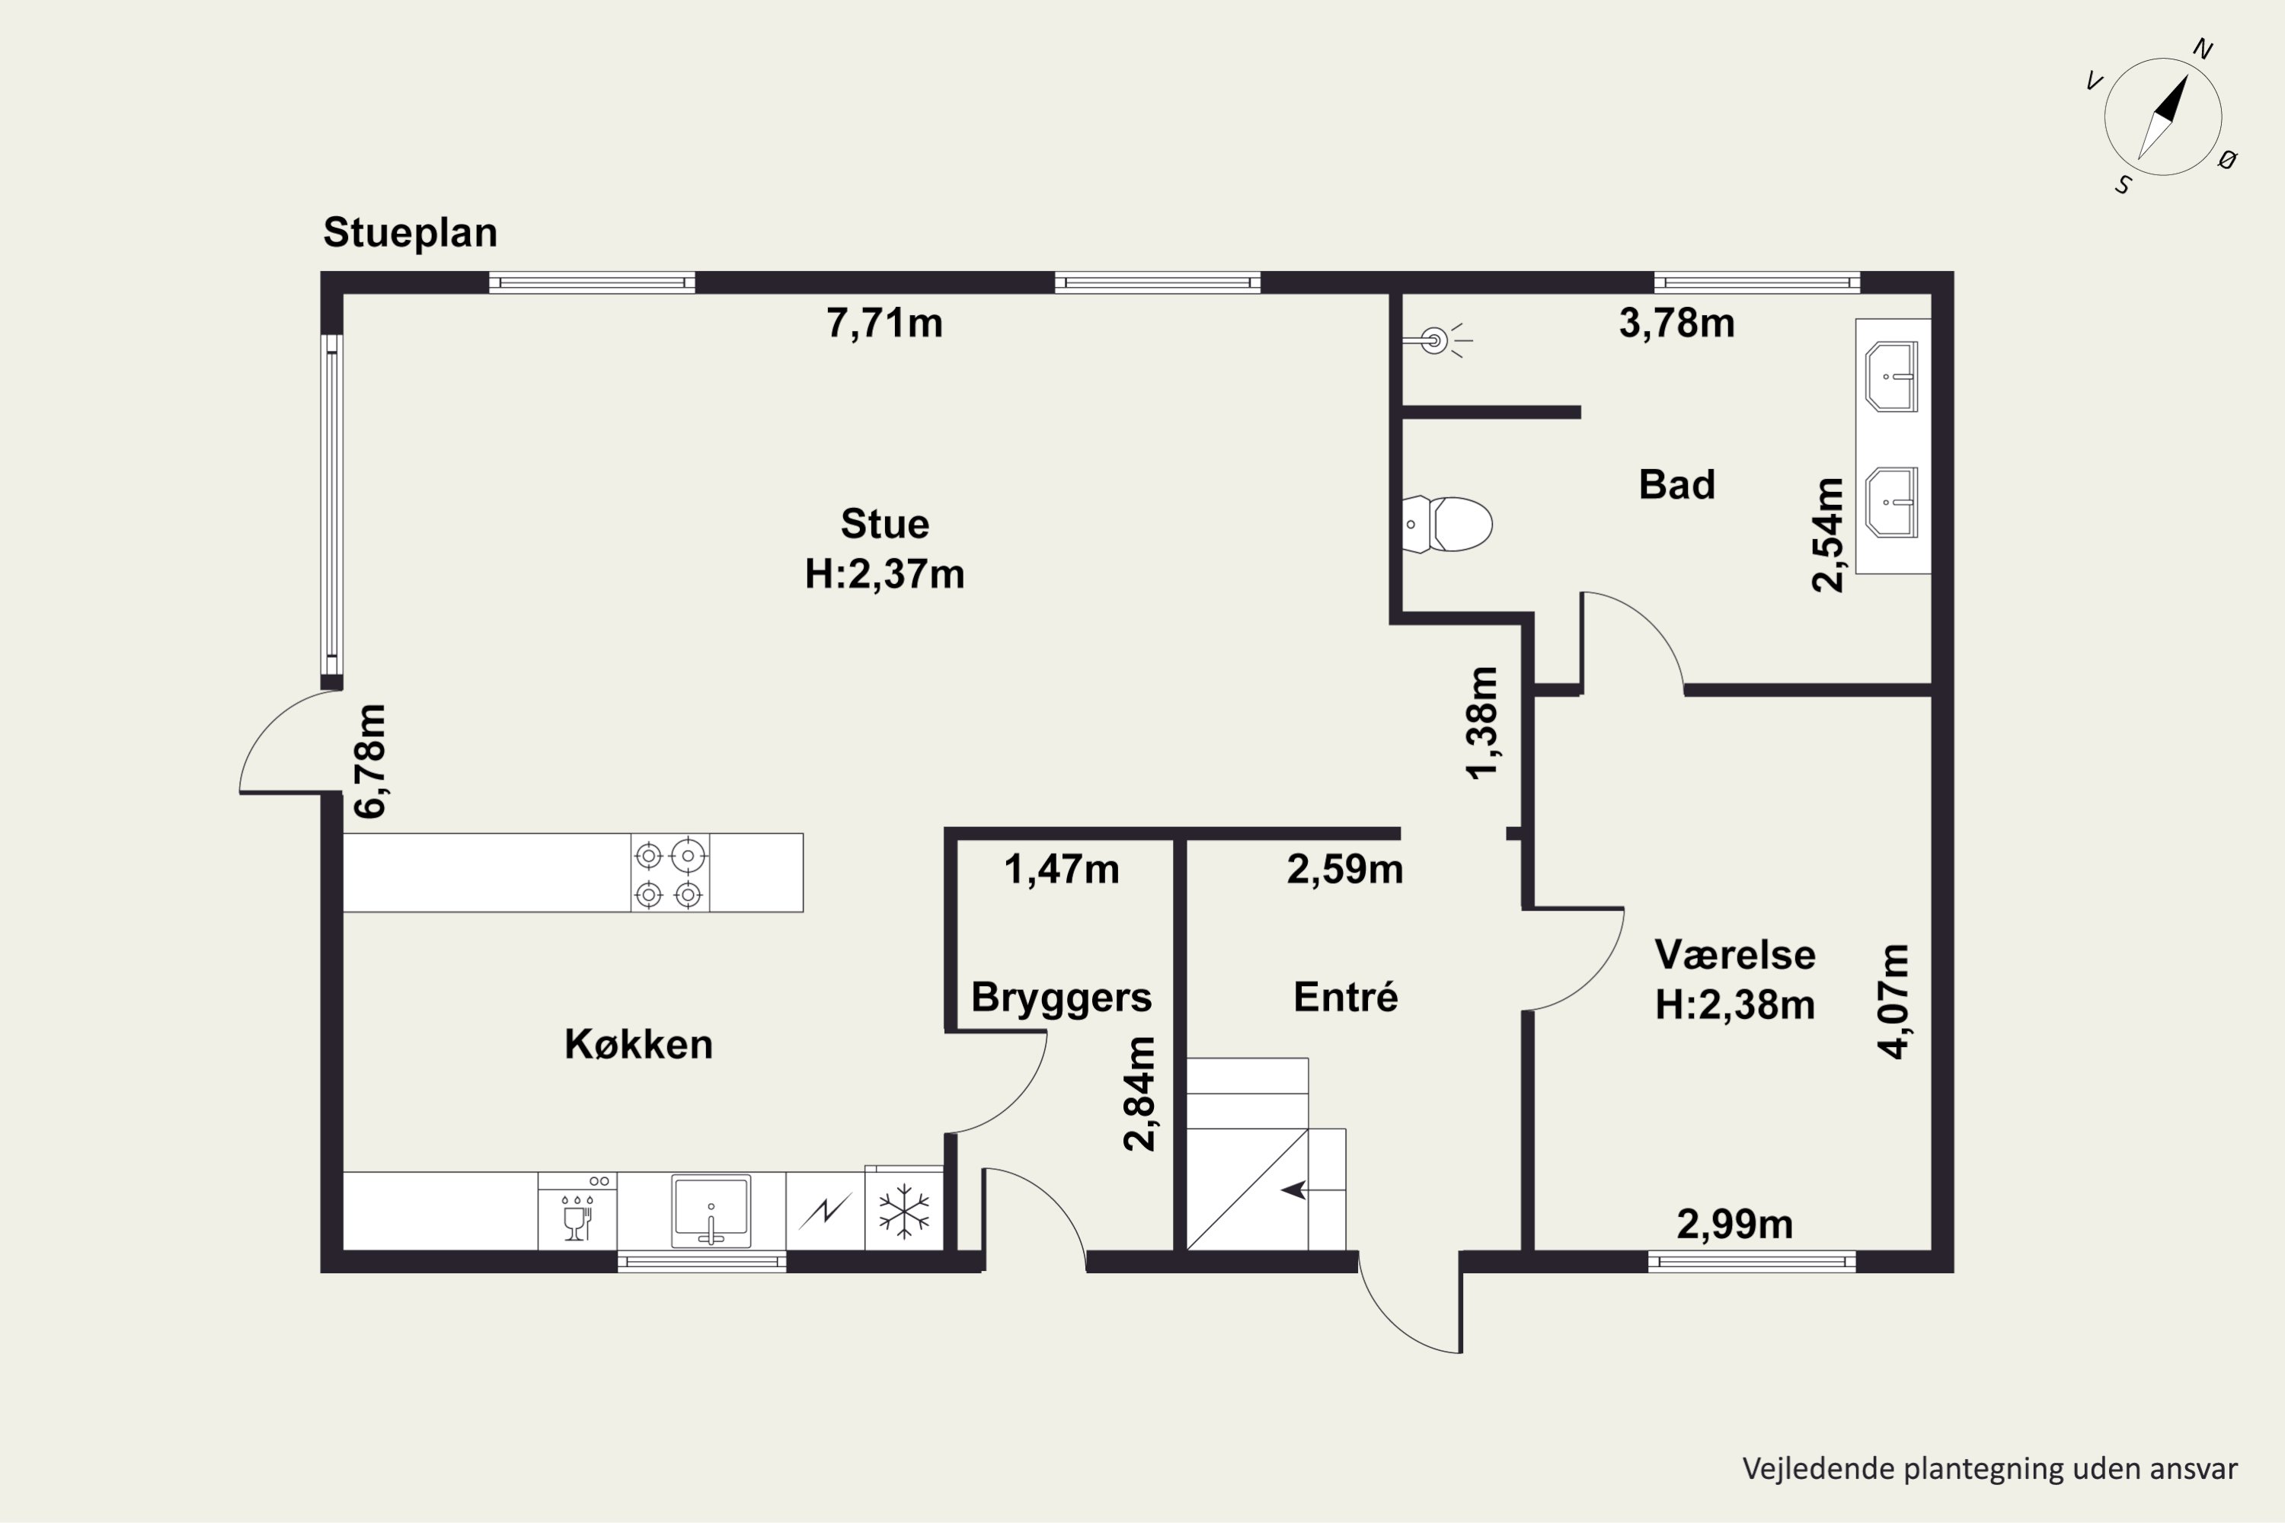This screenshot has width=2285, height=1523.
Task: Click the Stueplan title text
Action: (410, 233)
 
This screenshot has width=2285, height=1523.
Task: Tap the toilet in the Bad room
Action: (1446, 525)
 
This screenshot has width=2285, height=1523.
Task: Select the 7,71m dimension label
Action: (884, 322)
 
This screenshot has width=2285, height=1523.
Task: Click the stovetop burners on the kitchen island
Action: (670, 872)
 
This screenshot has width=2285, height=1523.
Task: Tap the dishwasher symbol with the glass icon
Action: (577, 1212)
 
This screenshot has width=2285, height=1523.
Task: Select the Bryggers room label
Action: (1061, 998)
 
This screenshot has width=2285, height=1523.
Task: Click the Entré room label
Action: (1346, 998)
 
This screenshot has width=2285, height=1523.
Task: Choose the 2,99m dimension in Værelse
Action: (1734, 1224)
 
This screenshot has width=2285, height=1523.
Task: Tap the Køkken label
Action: (638, 1044)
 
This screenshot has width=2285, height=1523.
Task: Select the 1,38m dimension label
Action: (1481, 723)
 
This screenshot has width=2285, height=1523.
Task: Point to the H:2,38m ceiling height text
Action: (1735, 1005)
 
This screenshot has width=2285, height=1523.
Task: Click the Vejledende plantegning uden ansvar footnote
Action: (1989, 1469)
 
